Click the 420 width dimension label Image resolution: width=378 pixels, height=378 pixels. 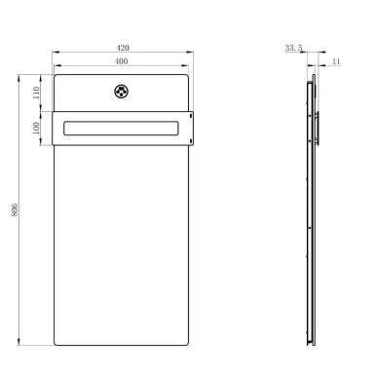[x=123, y=48]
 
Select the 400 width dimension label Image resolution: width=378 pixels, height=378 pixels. [x=121, y=61]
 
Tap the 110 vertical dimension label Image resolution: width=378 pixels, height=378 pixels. [x=36, y=93]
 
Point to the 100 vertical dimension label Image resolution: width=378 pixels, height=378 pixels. [x=36, y=128]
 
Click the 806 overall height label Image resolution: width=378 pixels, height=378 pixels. [x=15, y=210]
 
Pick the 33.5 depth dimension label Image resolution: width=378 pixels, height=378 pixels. [x=293, y=48]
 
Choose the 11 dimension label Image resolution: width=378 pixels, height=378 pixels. [x=336, y=61]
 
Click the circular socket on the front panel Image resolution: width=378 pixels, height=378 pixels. [x=121, y=92]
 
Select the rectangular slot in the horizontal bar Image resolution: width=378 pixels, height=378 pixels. [x=121, y=128]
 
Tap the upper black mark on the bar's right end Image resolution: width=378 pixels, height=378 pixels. [x=191, y=115]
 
